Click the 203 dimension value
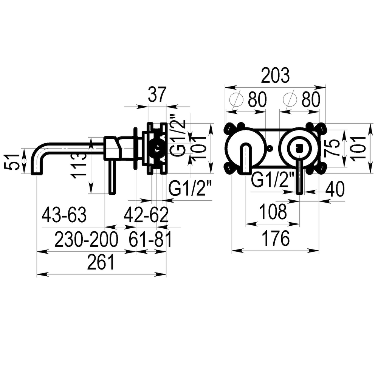[x=275, y=76]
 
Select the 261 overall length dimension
[x=101, y=262]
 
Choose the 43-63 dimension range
[x=64, y=215]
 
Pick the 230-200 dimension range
[x=86, y=239]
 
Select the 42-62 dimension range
[x=146, y=215]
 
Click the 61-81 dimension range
[x=150, y=239]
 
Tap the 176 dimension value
[x=276, y=239]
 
